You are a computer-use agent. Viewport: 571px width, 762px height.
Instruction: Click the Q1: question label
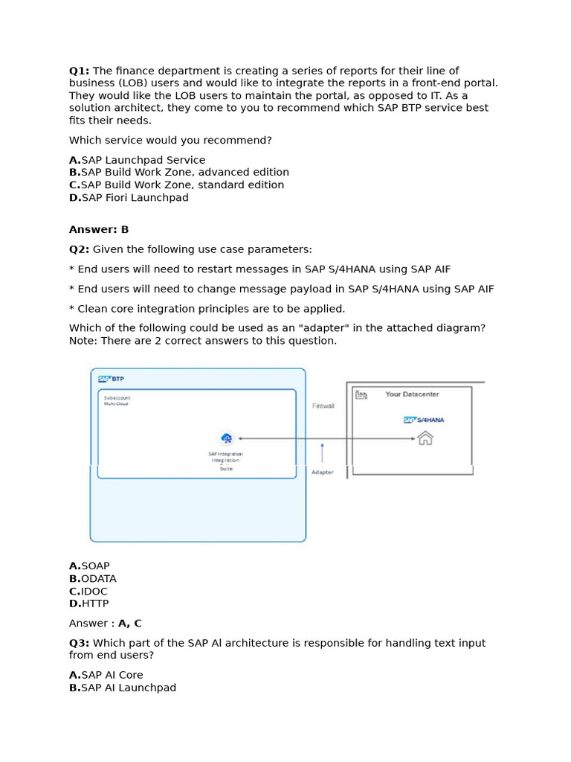80,71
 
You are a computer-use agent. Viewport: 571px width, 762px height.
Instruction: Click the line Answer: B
99,230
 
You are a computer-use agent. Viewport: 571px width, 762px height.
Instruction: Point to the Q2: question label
80,249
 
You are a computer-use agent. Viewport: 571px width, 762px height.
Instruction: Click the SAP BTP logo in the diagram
112,379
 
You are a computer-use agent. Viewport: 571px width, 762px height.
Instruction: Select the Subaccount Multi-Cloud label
117,401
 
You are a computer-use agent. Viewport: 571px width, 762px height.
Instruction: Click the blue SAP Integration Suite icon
227,438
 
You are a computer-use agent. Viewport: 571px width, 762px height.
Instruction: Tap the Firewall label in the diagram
323,406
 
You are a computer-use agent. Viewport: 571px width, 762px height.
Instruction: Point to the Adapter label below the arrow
322,473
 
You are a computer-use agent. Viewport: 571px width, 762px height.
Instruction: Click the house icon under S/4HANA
425,438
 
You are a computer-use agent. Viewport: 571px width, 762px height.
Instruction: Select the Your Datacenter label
412,394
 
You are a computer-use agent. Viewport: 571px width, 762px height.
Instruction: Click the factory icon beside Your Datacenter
361,394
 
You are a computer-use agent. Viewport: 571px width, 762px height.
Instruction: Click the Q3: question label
80,643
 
